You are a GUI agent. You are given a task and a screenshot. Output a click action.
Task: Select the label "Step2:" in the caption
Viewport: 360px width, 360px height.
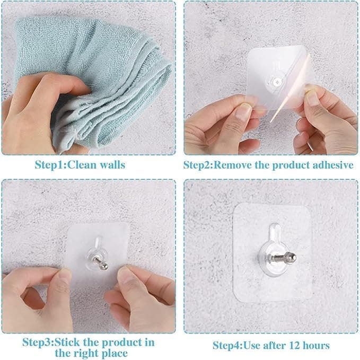[x=197, y=165]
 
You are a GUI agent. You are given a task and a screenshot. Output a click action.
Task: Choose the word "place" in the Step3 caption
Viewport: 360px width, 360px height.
[x=113, y=353]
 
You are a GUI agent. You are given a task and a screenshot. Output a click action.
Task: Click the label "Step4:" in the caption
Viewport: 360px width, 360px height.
[x=227, y=346]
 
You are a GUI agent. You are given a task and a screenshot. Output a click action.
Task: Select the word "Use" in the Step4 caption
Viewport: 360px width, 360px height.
[x=253, y=346]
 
